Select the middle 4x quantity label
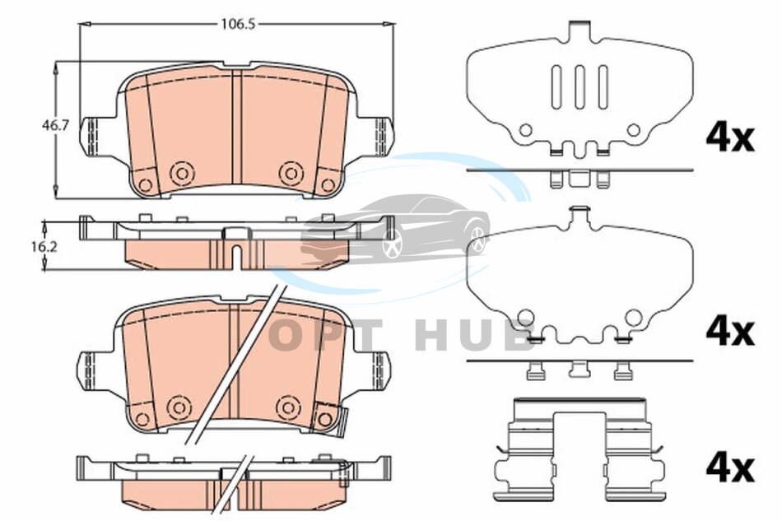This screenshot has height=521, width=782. click(729, 332)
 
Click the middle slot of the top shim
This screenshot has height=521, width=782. click(580, 86)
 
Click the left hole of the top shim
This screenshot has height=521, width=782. click(526, 130)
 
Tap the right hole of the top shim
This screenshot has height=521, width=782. click(633, 130)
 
